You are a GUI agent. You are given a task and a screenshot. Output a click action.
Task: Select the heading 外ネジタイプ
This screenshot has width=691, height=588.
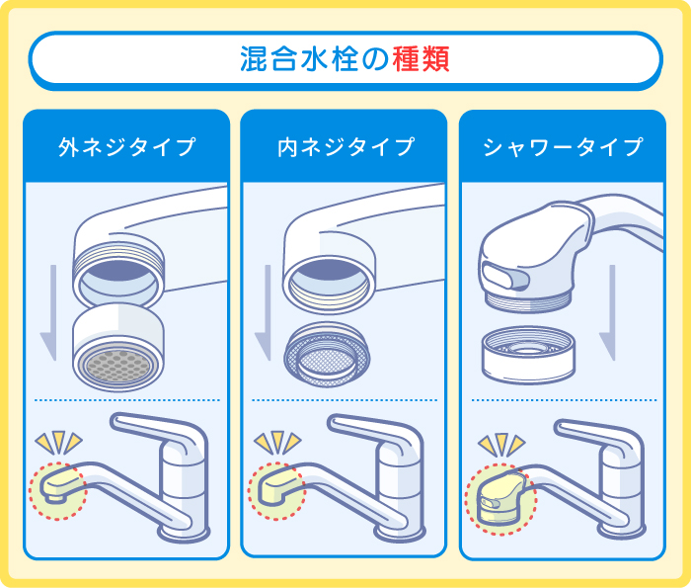126,148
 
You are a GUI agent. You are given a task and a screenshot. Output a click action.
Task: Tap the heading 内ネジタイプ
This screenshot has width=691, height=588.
345,148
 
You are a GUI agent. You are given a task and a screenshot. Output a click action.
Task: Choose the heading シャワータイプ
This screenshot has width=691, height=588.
563,148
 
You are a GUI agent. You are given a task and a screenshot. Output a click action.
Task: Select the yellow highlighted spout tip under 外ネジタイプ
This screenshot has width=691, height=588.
58,485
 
